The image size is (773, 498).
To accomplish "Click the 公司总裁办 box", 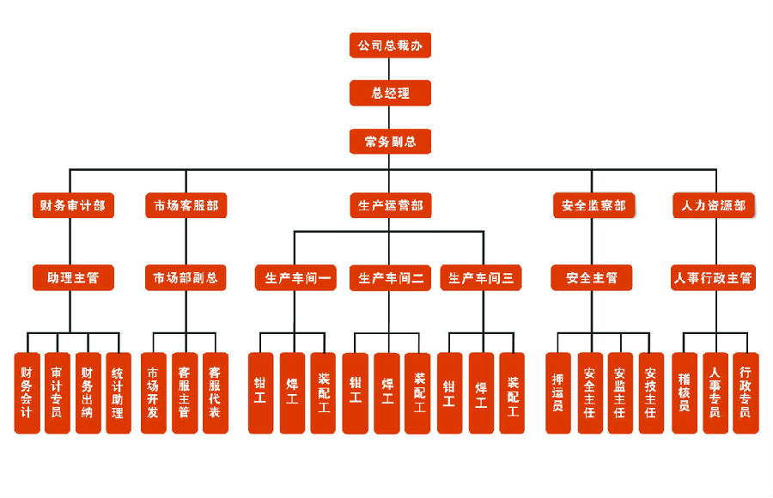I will (390, 45).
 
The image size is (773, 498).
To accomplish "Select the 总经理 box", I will (390, 93).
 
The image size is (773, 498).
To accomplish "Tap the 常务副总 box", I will (390, 141).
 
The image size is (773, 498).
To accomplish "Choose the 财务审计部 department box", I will (73, 205).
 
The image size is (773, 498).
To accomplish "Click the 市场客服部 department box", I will (186, 205).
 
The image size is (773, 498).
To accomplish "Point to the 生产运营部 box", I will (390, 205).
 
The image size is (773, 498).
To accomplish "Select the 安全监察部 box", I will (593, 205).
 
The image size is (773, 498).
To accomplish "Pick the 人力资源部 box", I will (713, 205).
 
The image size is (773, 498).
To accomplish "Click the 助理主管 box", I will (73, 277).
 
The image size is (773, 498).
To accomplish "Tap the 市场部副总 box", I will (186, 277).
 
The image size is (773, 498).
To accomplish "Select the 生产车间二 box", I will (390, 277).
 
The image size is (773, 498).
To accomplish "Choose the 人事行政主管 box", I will (713, 277).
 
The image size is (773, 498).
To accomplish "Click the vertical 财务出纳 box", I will (88, 392).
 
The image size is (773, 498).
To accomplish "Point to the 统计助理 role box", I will (119, 392).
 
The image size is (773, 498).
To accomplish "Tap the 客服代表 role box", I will (215, 392).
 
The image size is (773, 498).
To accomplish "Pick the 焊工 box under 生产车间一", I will (292, 392).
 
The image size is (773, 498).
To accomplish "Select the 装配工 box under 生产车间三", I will (512, 392).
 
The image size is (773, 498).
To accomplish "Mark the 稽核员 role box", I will (685, 392).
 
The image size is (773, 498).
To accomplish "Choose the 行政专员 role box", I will (746, 392).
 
